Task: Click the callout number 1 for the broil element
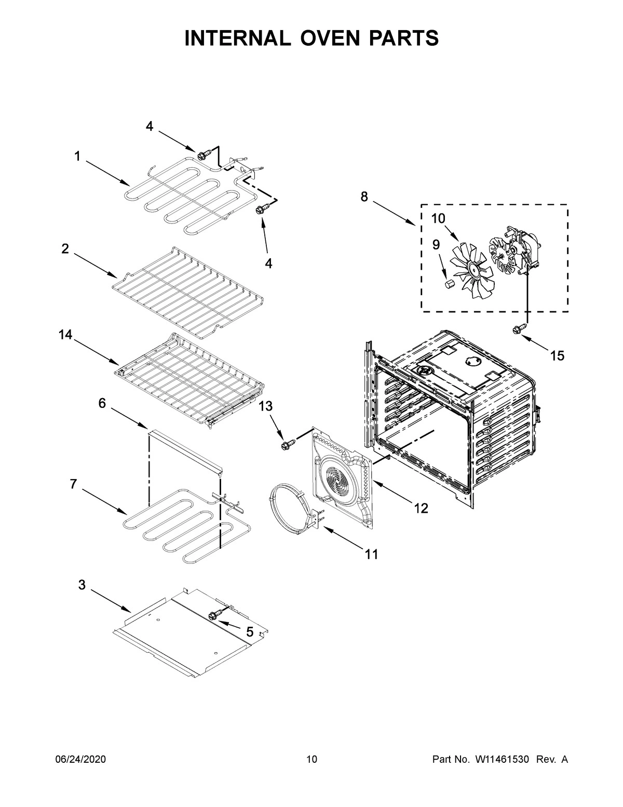point(77,156)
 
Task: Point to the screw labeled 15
point(517,329)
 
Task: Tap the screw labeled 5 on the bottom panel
point(213,615)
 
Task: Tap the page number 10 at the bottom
point(311,760)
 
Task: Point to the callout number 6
point(102,403)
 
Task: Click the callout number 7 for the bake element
point(73,484)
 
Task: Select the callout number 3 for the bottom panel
point(82,585)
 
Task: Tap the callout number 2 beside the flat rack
point(65,249)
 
